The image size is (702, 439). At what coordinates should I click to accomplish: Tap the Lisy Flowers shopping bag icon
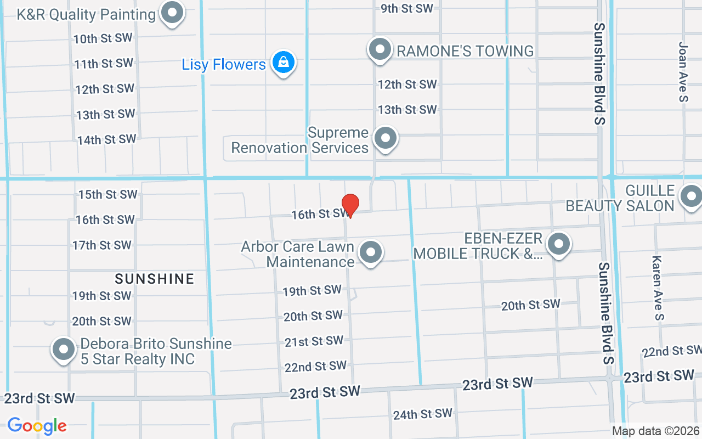[283, 63]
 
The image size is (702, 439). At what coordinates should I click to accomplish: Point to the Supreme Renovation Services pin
[386, 138]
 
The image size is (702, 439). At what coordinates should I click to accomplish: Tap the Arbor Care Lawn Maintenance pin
[371, 253]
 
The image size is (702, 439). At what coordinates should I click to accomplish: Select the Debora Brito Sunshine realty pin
[64, 350]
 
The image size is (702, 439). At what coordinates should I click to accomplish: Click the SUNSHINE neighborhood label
[155, 279]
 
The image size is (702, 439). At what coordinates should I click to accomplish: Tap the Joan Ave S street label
[683, 72]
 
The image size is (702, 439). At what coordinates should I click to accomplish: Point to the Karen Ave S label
[658, 288]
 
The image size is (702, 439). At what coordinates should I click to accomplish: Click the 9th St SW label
[407, 8]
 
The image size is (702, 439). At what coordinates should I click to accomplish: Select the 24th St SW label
[423, 414]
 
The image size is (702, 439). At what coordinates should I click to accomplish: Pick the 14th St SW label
[106, 140]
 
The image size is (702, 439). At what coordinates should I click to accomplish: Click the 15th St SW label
[107, 194]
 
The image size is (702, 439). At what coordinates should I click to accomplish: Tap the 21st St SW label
[314, 341]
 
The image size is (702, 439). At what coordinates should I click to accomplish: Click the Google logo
[37, 425]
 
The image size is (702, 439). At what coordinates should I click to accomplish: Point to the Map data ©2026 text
[655, 431]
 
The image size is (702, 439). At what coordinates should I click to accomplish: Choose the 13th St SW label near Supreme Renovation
[407, 110]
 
